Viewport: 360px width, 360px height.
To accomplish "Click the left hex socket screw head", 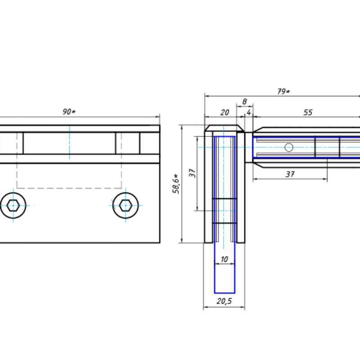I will [13, 205].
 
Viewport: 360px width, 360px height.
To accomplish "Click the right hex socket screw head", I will [125, 205].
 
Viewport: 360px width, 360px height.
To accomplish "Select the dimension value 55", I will [308, 112].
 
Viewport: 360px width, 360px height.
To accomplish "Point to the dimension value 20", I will [225, 112].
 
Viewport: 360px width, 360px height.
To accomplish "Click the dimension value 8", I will [244, 102].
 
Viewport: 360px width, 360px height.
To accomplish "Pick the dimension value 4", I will [249, 112].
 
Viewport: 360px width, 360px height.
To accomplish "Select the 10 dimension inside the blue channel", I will [225, 258].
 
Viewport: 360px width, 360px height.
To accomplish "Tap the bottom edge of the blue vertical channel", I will [225, 292].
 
